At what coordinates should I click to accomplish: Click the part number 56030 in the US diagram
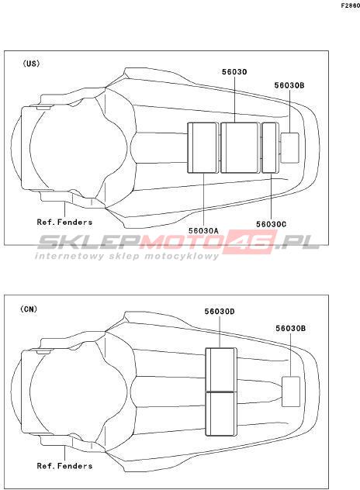pyautogui.click(x=234, y=72)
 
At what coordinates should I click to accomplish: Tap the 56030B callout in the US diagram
pyautogui.click(x=289, y=85)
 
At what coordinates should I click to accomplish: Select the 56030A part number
pyautogui.click(x=203, y=230)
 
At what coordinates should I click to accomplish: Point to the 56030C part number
pyautogui.click(x=271, y=224)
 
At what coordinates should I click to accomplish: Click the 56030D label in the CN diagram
pyautogui.click(x=220, y=312)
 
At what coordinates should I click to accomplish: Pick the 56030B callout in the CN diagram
pyautogui.click(x=291, y=329)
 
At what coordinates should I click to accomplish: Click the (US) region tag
pyautogui.click(x=31, y=64)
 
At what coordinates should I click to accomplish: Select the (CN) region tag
pyautogui.click(x=29, y=309)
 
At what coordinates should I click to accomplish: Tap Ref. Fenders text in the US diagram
pyautogui.click(x=64, y=223)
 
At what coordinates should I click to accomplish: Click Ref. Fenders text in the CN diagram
pyautogui.click(x=64, y=466)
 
